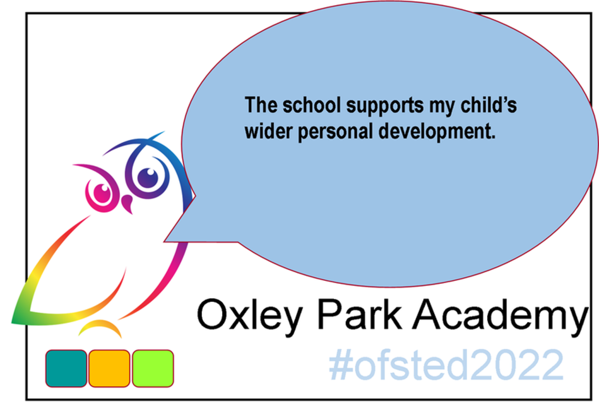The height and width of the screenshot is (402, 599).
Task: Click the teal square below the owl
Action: click(x=66, y=368)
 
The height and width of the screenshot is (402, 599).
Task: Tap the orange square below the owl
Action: click(x=109, y=368)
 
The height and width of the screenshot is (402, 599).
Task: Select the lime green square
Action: click(x=153, y=368)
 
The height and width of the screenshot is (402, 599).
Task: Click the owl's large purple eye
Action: click(x=148, y=178)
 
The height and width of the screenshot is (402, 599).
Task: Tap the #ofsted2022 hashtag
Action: click(x=446, y=365)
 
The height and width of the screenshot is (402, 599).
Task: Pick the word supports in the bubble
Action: click(x=385, y=106)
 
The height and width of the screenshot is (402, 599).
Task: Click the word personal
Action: click(x=335, y=132)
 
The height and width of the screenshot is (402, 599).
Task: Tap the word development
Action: click(x=437, y=132)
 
